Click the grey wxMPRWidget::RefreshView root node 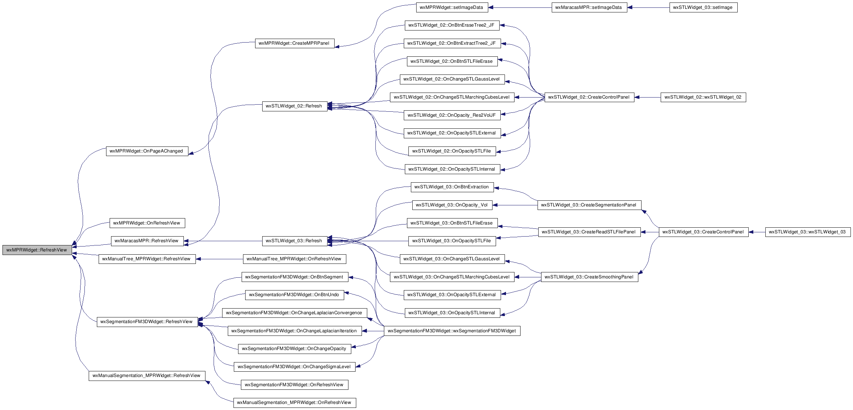coord(37,250)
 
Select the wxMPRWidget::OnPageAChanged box coord(147,151)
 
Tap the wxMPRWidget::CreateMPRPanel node coord(295,43)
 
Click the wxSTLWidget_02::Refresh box coord(295,106)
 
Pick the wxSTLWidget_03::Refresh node coord(295,241)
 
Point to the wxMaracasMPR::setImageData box coord(589,7)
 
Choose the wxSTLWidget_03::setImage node coord(703,7)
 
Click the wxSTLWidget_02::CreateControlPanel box coord(589,97)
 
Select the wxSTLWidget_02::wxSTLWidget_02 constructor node coord(703,97)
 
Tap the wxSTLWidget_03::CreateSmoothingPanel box coord(589,277)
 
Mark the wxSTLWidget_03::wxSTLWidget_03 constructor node coord(808,232)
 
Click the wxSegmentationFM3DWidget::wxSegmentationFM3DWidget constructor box coord(452,331)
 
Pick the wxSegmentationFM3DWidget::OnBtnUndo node coord(295,295)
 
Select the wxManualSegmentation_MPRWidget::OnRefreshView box coord(295,403)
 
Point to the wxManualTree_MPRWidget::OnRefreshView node coord(295,259)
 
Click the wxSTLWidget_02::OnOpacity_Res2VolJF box coord(452,115)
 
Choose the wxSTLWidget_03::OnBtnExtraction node coord(452,187)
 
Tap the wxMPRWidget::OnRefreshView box coord(147,223)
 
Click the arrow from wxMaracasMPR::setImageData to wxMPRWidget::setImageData coord(520,7)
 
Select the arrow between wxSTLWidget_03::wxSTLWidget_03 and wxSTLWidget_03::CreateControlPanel coord(757,232)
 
